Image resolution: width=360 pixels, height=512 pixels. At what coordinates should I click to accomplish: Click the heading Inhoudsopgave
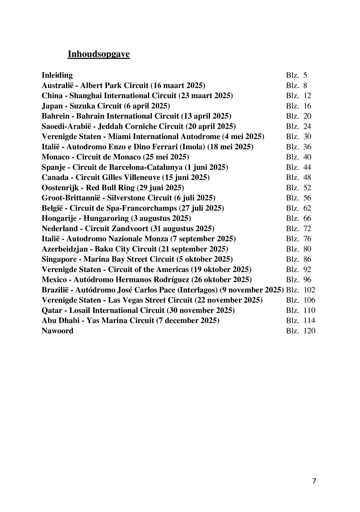coord(99,54)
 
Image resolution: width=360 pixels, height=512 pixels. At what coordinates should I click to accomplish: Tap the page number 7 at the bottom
coord(314,481)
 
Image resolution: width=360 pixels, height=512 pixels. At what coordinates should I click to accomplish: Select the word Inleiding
coord(57,75)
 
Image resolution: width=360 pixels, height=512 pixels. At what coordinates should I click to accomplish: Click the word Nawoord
coord(57,331)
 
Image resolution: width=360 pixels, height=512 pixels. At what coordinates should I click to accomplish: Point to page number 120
coord(309,331)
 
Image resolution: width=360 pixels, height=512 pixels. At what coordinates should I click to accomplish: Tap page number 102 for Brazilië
coord(309,290)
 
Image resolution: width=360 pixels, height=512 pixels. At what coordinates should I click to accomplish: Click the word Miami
coord(118,136)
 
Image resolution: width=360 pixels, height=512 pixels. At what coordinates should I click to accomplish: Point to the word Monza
coord(158,239)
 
